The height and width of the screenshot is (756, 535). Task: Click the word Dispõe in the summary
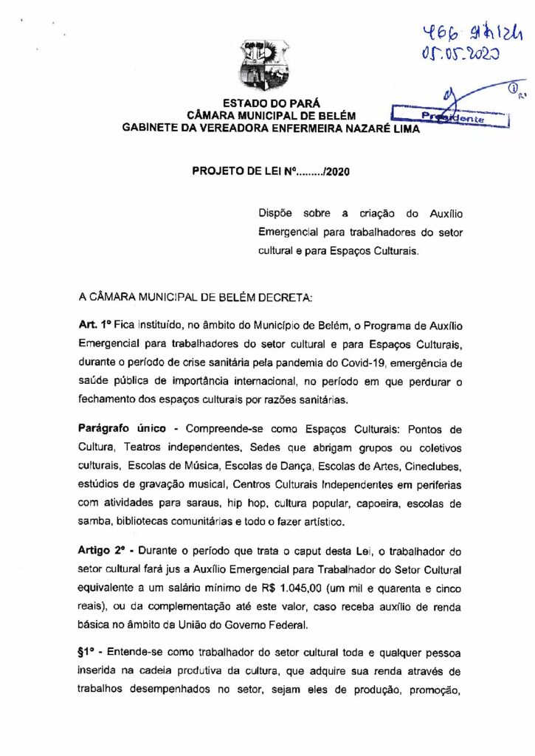275,213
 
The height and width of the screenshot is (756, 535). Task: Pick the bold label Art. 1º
94,326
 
